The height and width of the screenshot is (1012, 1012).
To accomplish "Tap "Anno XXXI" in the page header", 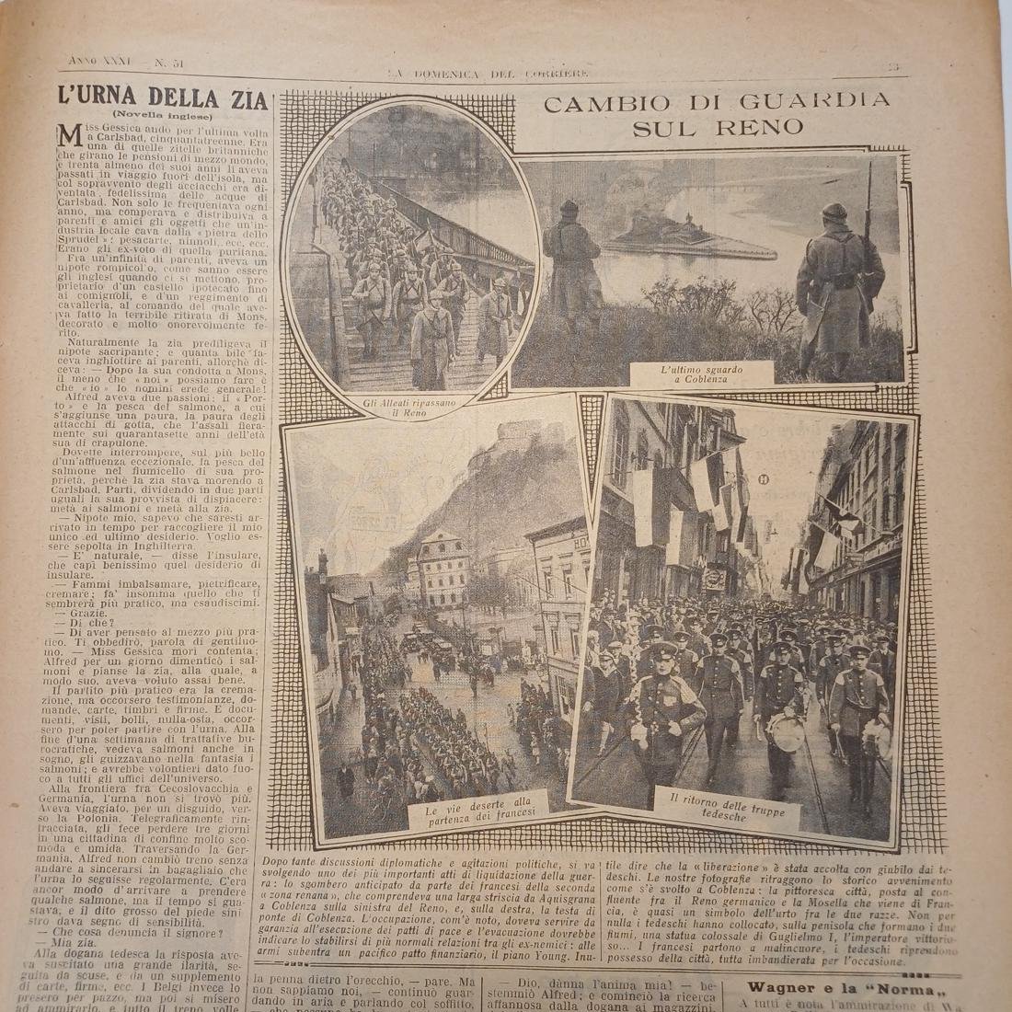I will click(x=94, y=62).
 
